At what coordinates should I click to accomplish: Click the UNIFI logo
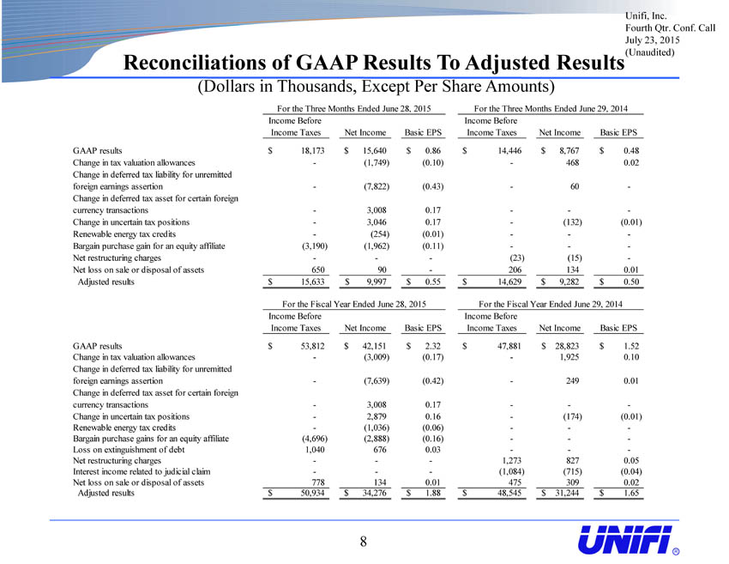tap(628, 541)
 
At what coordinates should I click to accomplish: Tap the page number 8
tap(363, 541)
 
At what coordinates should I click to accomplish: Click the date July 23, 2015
tap(653, 40)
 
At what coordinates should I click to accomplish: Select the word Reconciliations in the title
tap(205, 63)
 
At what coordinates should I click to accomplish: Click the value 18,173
tap(312, 151)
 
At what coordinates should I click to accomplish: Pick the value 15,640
tap(374, 151)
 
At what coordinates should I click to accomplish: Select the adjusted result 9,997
tap(377, 282)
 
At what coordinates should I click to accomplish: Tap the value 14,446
tap(509, 151)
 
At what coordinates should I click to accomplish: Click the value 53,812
tap(312, 346)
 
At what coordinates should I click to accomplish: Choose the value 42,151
tap(374, 346)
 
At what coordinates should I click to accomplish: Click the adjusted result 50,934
tap(312, 493)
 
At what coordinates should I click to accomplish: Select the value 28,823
tap(567, 346)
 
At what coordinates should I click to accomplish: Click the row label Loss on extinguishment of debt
tap(129, 450)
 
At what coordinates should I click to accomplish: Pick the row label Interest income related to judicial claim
tap(142, 471)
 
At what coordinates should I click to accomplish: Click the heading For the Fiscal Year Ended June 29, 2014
tap(551, 304)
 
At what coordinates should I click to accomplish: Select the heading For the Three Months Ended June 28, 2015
tap(354, 108)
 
